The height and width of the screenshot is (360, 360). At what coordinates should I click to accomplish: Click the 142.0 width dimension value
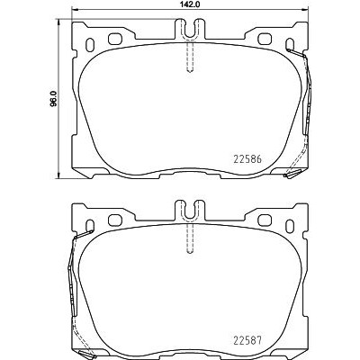click(190, 4)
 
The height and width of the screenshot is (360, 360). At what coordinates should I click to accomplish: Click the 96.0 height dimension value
click(53, 99)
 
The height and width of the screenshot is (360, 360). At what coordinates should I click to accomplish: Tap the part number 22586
click(247, 159)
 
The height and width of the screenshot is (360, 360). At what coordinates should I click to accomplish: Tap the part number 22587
click(247, 340)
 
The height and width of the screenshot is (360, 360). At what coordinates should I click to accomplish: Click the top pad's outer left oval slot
click(90, 45)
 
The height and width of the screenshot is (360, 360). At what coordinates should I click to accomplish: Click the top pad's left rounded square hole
click(114, 39)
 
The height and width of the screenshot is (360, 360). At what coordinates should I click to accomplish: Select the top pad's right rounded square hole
click(265, 39)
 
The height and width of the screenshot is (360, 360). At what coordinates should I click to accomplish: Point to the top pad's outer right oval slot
click(290, 45)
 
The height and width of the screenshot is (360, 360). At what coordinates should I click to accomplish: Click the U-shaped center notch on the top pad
click(190, 29)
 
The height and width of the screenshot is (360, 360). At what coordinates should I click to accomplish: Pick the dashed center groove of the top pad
click(190, 56)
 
